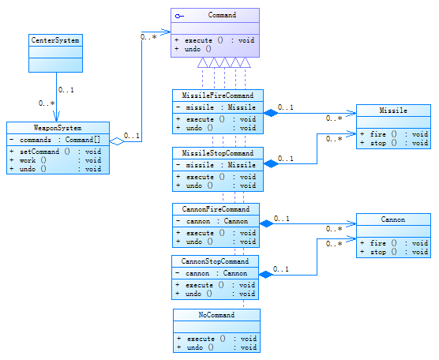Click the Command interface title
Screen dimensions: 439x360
222,15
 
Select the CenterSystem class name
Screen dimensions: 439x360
55,40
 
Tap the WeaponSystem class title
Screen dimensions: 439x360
58,128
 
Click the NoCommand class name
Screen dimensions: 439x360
216,315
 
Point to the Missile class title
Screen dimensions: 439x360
393,111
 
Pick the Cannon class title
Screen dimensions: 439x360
393,219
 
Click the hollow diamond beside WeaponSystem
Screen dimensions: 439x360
117,141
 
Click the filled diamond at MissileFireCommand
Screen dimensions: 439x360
271,113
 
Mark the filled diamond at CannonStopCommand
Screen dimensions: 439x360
266,275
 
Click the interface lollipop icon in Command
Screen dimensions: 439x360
179,17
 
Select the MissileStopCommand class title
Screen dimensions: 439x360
218,153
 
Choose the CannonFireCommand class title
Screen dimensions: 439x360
216,209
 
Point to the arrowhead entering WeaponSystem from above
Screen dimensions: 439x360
57,117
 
